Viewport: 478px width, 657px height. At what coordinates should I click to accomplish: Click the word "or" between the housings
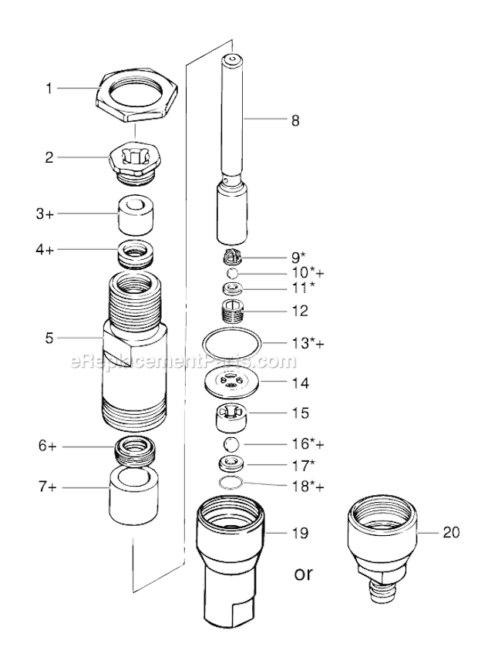point(304,574)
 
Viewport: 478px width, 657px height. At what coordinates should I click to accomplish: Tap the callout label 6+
point(69,446)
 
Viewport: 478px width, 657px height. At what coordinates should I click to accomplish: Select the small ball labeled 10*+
point(231,274)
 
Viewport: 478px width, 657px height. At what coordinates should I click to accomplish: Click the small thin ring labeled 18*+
point(231,483)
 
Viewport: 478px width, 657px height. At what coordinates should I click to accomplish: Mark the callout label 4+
point(69,249)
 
